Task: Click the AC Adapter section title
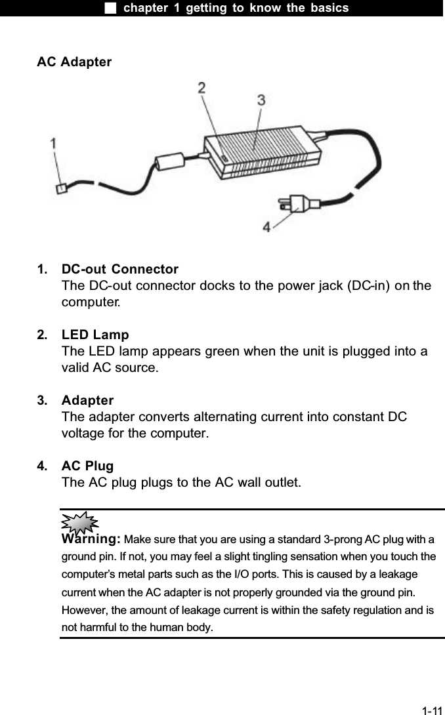(74, 62)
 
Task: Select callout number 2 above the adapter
(202, 87)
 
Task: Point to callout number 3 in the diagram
(261, 100)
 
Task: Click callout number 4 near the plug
(266, 226)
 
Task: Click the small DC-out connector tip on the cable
(61, 189)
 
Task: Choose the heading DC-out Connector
(119, 270)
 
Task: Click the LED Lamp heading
(95, 335)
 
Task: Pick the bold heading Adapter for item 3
(87, 400)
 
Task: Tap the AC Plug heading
(87, 466)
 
